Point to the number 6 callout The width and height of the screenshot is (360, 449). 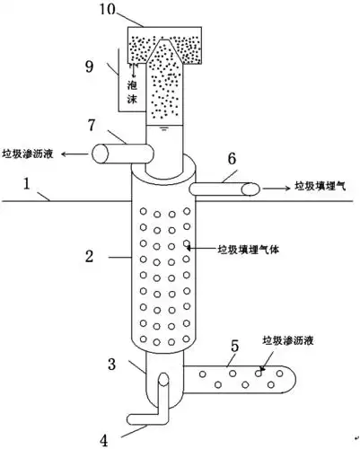click(232, 158)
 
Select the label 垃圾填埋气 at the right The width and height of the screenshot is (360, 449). click(320, 188)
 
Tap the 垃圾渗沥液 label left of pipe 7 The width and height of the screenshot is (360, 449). click(30, 154)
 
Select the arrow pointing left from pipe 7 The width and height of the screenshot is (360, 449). click(76, 154)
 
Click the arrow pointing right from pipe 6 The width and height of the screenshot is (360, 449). click(275, 188)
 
